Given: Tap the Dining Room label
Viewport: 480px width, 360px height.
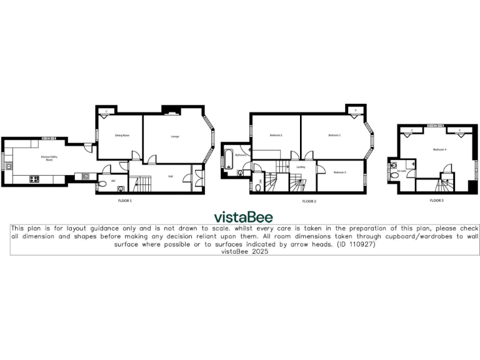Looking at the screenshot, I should tap(121, 135).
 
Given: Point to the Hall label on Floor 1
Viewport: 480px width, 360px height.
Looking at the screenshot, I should tap(170, 177).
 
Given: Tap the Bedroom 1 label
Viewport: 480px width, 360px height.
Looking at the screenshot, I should tap(335, 135).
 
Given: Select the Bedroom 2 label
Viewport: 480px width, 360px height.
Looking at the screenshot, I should tap(276, 135).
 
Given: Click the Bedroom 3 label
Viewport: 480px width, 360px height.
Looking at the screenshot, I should tap(339, 172).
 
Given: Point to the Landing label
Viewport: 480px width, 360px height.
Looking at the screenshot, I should tap(300, 167).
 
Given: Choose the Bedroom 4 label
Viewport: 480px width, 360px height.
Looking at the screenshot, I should tap(439, 149).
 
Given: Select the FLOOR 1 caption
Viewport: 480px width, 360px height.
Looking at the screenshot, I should tap(125, 201).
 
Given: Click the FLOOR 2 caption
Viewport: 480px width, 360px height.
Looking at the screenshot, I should tap(309, 201).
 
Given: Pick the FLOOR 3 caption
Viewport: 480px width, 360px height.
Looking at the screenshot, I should tap(436, 201).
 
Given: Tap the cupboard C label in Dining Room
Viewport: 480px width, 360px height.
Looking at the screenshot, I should tap(106, 111).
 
